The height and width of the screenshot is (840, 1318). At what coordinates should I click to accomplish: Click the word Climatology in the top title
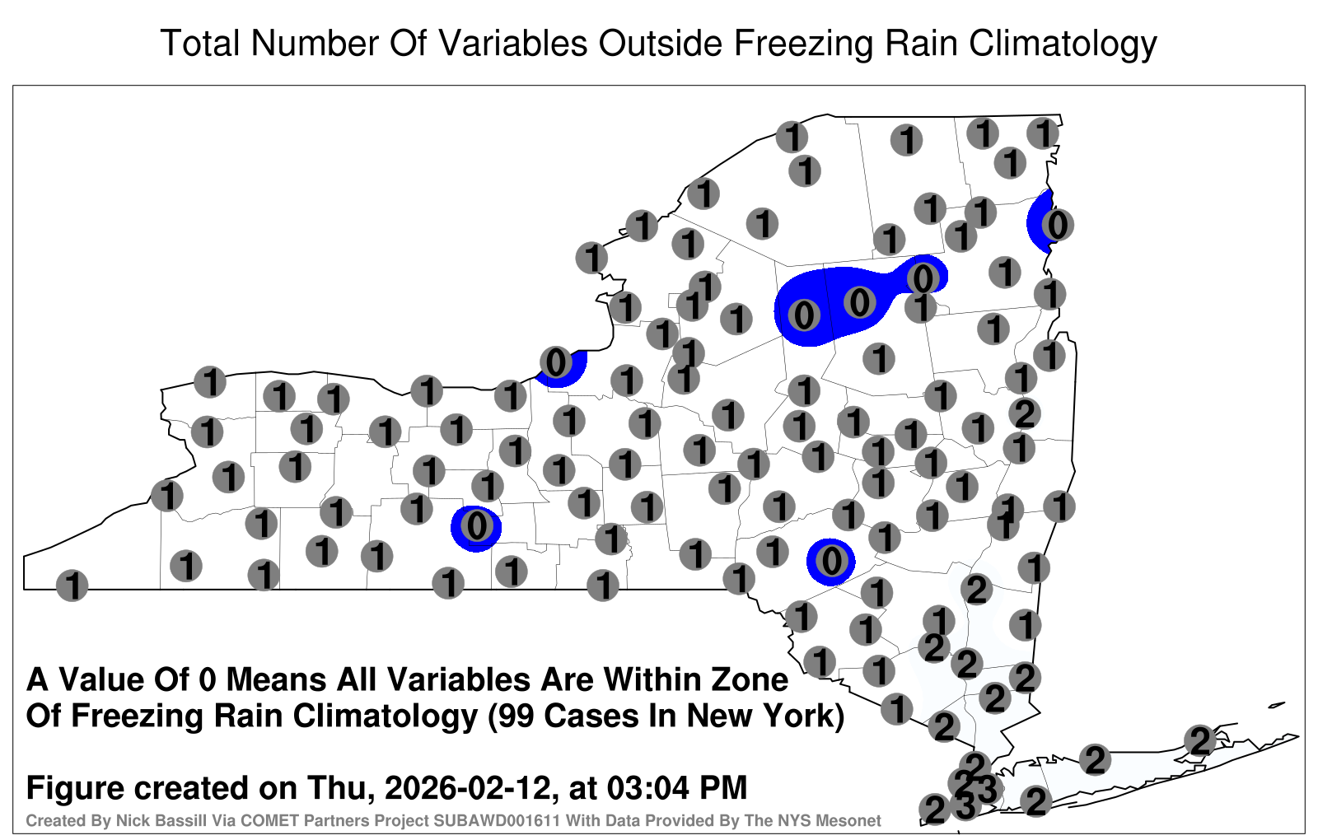click(x=1063, y=44)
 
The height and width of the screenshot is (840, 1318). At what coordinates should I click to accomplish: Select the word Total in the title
click(x=201, y=43)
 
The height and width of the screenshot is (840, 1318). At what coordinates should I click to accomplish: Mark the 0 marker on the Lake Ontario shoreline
click(x=556, y=362)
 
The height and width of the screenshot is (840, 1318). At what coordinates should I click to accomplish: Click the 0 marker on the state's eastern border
click(x=1057, y=225)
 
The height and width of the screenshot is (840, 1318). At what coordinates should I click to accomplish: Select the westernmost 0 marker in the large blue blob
click(x=804, y=315)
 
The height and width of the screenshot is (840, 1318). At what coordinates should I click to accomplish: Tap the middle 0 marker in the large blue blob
click(x=859, y=302)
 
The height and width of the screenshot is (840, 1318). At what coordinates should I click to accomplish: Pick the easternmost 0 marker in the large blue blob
click(x=923, y=278)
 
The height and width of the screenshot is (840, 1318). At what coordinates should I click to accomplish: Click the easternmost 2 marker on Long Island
click(x=1199, y=740)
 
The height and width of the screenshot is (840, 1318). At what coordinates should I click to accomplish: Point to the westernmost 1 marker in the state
click(x=72, y=586)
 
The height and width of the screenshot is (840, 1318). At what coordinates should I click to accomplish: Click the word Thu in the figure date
click(x=341, y=787)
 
